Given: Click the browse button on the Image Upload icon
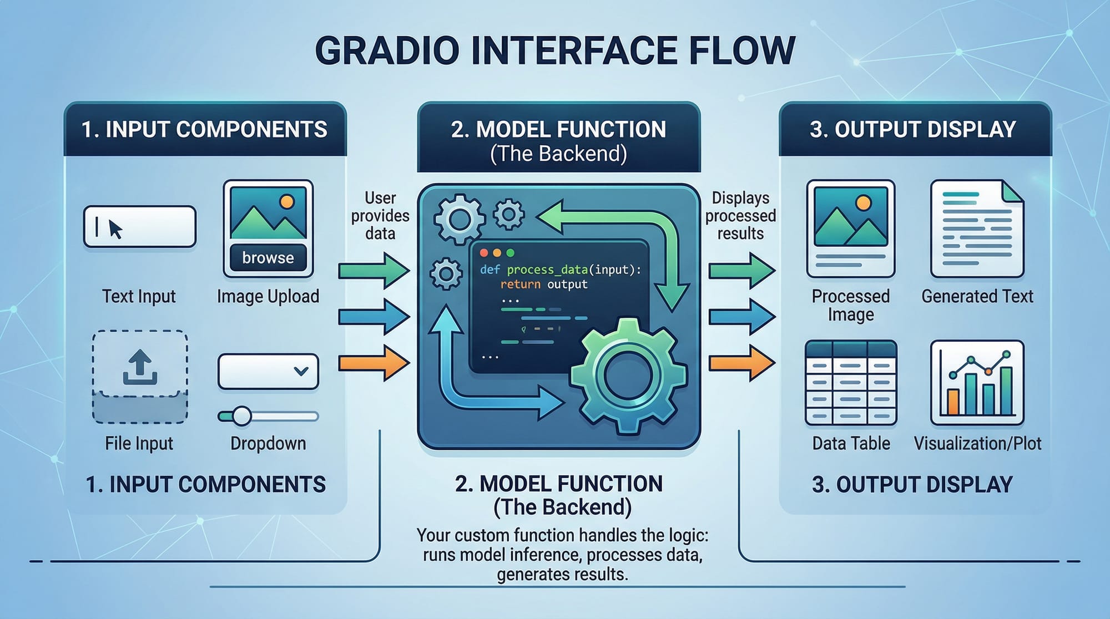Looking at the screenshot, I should point(268,257).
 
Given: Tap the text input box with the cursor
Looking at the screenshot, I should point(139,226).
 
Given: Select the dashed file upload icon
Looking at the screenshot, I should point(139,377).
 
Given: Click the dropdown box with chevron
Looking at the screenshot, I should point(268,371).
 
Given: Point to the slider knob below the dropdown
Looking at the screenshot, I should point(241,415).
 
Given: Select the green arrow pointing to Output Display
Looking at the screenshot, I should point(741,271).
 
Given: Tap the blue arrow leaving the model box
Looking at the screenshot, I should point(741,317).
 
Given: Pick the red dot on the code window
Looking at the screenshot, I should point(483,253).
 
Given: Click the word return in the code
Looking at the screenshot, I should point(520,285).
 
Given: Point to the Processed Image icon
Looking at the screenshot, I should point(850,228).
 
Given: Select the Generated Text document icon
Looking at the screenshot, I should point(977,228).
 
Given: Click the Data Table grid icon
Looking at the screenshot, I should point(850,383).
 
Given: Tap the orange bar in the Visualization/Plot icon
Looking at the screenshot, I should point(952,402).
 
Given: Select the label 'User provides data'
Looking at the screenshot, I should point(380,215).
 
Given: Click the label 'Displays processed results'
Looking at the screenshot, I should point(740,215).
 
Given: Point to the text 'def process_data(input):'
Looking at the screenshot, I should point(560,270).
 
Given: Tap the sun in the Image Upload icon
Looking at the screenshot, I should point(287,201).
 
